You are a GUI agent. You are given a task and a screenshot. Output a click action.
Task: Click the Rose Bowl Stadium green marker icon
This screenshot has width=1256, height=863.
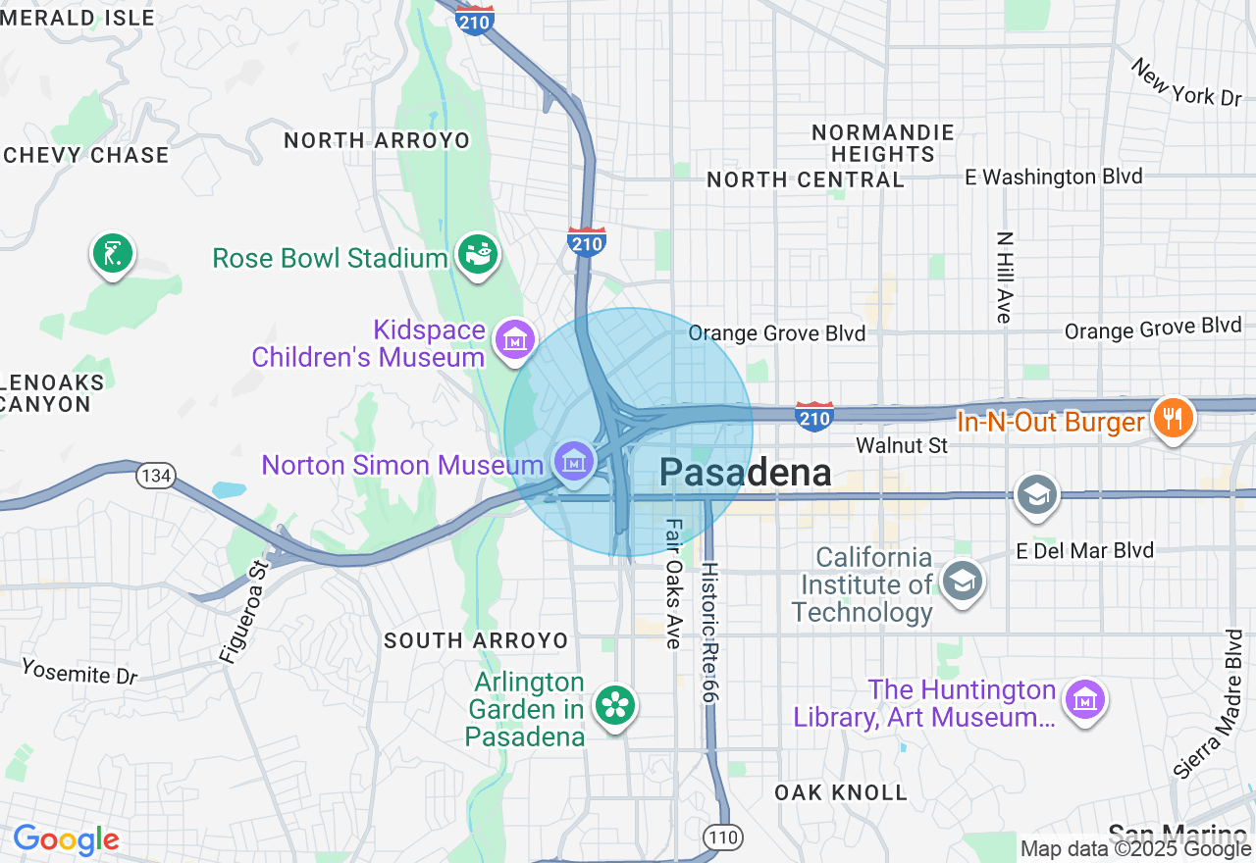tap(477, 255)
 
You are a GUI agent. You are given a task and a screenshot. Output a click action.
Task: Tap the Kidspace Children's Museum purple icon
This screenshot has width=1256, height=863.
tap(514, 339)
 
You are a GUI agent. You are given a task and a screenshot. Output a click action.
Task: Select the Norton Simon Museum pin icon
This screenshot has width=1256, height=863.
tap(573, 459)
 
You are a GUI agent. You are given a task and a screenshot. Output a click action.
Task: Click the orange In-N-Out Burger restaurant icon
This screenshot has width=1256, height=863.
tap(1172, 418)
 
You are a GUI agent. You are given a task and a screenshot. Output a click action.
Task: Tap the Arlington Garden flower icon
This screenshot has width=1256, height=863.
tap(615, 704)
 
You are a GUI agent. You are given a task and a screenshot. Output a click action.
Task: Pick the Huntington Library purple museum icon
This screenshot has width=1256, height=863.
tap(1085, 700)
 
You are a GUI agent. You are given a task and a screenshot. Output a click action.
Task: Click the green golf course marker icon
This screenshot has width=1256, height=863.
tap(113, 253)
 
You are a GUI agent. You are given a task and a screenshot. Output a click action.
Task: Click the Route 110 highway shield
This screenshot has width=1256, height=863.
tap(721, 837)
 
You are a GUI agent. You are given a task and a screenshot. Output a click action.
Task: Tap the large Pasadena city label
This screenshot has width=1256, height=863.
tap(745, 473)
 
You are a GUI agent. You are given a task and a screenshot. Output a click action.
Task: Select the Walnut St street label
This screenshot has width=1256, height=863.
tap(901, 445)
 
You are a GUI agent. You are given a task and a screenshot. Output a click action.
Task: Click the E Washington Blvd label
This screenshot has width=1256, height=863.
tap(1054, 177)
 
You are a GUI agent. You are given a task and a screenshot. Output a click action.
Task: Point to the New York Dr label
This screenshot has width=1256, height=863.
tap(1186, 82)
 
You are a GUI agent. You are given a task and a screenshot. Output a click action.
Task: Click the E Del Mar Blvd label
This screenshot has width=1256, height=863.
tap(1085, 550)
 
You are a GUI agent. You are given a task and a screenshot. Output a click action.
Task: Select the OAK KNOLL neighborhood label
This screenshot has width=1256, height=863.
tap(841, 792)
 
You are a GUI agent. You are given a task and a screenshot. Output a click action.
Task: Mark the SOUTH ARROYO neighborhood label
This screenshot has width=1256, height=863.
tap(476, 640)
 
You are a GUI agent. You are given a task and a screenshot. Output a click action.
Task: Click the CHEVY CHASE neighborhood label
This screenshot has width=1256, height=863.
tap(86, 155)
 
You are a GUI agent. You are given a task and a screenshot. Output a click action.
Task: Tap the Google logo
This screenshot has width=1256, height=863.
tap(66, 839)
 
